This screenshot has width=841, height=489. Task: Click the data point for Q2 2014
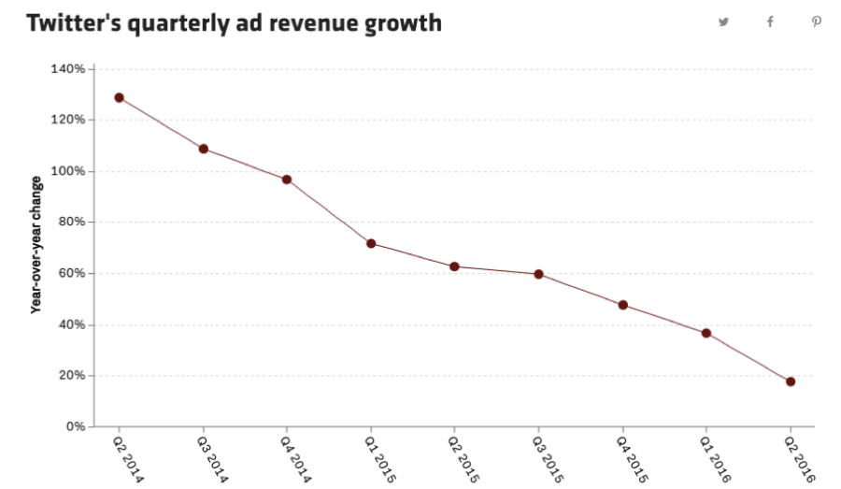pos(119,97)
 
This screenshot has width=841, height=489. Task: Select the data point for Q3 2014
pos(203,149)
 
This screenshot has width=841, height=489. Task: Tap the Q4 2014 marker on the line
pos(287,180)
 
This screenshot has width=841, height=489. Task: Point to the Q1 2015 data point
pos(371,243)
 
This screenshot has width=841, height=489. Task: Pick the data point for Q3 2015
pos(538,274)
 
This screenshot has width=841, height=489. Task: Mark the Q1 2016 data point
pos(706,333)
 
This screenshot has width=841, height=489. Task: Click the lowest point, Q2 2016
pos(791,381)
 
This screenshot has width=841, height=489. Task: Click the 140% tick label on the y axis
pos(68,69)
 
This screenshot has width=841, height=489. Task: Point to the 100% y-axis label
pos(68,171)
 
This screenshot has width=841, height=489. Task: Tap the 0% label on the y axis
pos(74,427)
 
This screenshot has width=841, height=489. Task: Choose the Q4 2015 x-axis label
pos(631,457)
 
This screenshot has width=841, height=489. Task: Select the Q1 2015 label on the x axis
pos(379,457)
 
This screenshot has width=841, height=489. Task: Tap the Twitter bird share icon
pos(723,22)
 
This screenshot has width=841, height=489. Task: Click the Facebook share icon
pos(770,22)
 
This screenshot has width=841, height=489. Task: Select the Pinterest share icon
pos(817,22)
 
